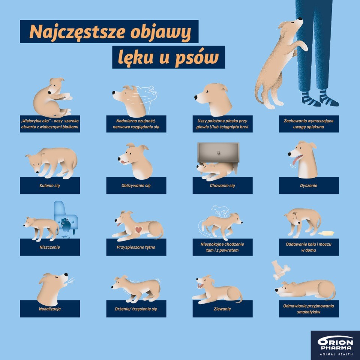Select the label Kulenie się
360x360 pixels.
pos(49,186)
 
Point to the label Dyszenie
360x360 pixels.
pos(309,186)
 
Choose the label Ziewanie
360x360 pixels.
pos(222,309)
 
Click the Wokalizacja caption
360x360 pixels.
pos(49,309)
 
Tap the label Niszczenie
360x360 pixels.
pos(49,247)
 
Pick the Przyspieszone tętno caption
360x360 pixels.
pos(136,247)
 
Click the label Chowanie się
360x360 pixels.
pos(222,186)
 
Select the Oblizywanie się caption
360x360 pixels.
pos(136,186)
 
